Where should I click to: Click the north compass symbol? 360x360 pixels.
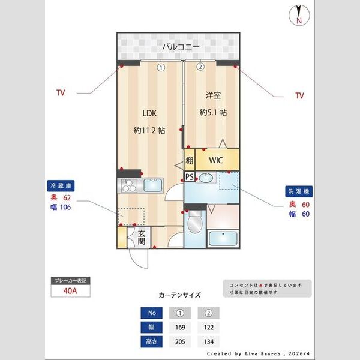pyautogui.click(x=298, y=15)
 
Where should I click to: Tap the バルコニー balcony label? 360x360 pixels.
pyautogui.click(x=180, y=46)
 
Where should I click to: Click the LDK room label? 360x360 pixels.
pyautogui.click(x=149, y=113)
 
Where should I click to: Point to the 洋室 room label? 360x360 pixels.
pyautogui.click(x=213, y=95)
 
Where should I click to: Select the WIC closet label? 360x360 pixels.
pyautogui.click(x=217, y=161)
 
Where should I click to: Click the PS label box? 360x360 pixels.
pyautogui.click(x=190, y=177)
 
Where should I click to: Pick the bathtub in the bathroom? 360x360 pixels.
pyautogui.click(x=223, y=239)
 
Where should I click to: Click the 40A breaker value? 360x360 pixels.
pyautogui.click(x=70, y=292)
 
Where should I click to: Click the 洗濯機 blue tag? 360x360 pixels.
pyautogui.click(x=298, y=192)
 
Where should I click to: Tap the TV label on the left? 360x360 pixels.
pyautogui.click(x=61, y=93)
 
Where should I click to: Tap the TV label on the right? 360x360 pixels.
pyautogui.click(x=299, y=95)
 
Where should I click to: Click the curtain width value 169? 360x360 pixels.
pyautogui.click(x=180, y=328)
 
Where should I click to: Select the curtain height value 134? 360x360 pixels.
pyautogui.click(x=208, y=342)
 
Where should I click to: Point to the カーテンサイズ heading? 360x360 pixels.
pyautogui.click(x=179, y=295)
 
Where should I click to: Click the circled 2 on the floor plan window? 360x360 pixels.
pyautogui.click(x=200, y=67)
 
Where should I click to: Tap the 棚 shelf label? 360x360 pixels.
pyautogui.click(x=190, y=161)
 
